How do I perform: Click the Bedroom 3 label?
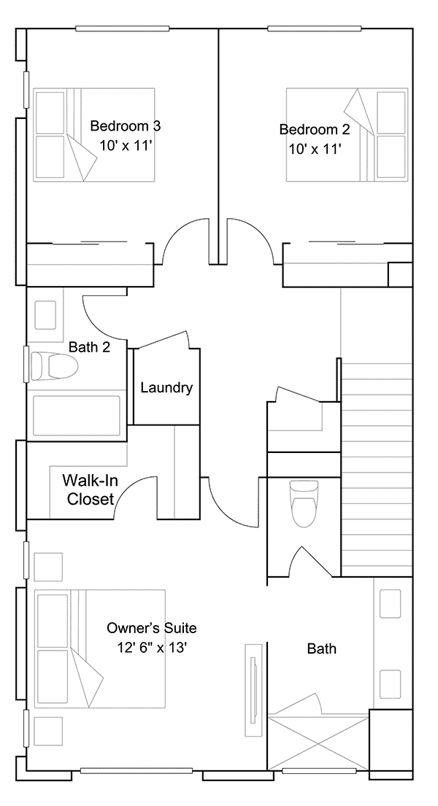126,125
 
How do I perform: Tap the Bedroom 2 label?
315,129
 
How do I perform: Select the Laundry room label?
166,387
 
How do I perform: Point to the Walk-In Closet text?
90,489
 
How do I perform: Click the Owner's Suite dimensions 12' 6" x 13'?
151,647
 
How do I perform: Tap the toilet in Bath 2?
53,366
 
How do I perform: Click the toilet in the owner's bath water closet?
304,503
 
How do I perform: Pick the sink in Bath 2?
45,314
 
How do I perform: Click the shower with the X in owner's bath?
318,743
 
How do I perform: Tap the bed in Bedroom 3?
94,134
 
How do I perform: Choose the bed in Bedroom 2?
347,135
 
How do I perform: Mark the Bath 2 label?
89,347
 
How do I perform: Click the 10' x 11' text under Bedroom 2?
315,149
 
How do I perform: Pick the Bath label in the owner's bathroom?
322,648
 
